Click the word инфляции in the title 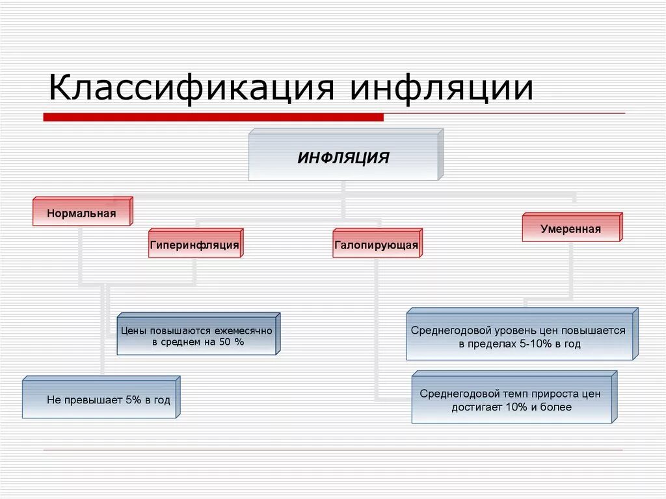(x=442, y=88)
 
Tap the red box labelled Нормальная (x=81, y=213)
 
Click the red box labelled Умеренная (x=570, y=229)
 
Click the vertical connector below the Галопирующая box (x=377, y=325)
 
